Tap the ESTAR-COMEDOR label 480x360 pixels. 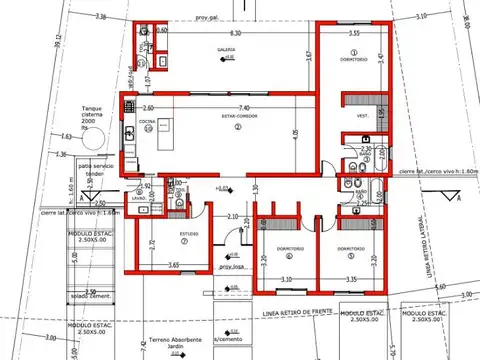click(x=237, y=118)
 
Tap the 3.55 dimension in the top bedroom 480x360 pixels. click(x=354, y=34)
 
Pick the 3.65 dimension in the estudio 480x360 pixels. click(x=174, y=265)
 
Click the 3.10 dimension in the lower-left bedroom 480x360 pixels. click(x=286, y=279)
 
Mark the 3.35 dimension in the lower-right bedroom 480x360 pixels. click(x=351, y=279)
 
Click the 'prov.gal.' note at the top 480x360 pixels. click(x=207, y=18)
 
